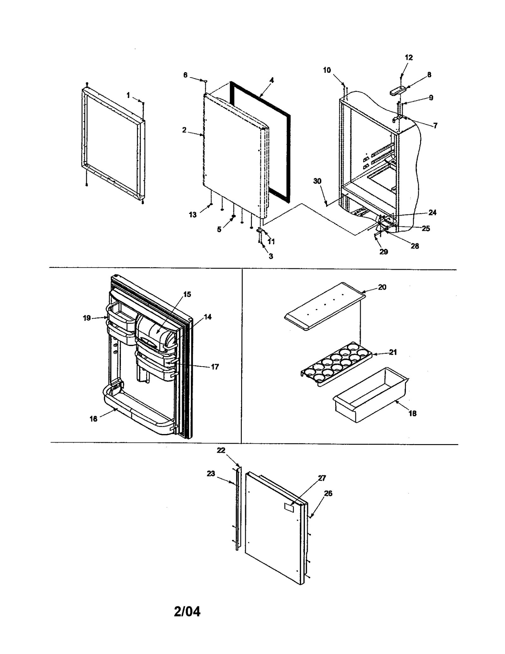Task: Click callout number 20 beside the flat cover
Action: tap(382, 287)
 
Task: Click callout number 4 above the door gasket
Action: tap(271, 80)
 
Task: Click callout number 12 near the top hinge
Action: tap(408, 57)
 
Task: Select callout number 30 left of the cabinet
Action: tap(317, 181)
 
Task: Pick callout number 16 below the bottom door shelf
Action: tap(93, 419)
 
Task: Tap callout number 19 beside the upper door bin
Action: tap(87, 318)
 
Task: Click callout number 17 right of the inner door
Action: tap(215, 367)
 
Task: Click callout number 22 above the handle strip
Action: tap(221, 450)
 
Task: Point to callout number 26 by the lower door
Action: tap(328, 493)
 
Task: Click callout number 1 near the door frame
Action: tap(128, 95)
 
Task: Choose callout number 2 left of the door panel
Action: tap(184, 130)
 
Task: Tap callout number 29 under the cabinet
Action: tap(383, 252)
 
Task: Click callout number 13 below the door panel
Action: tap(193, 215)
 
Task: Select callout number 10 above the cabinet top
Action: tap(327, 70)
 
